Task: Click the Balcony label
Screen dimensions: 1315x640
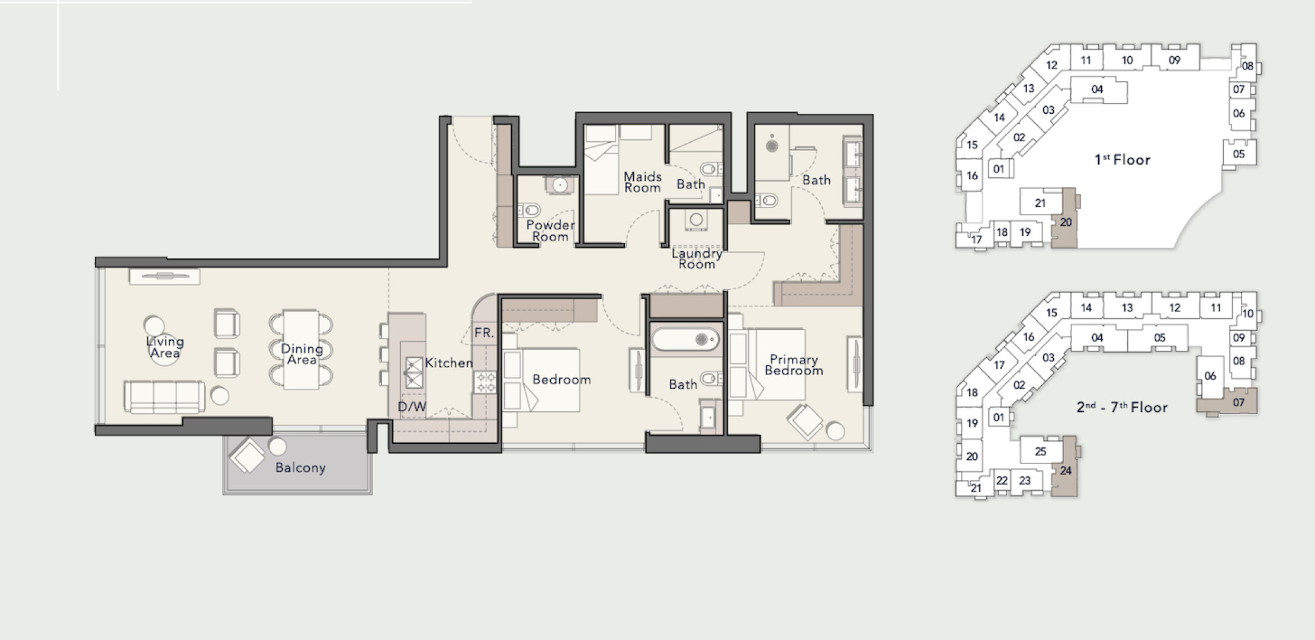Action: [300, 468]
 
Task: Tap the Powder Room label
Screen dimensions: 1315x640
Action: [550, 231]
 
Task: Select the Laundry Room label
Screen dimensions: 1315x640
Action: [697, 258]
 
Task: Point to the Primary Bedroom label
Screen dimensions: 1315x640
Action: [794, 365]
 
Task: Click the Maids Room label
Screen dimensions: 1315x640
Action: [643, 182]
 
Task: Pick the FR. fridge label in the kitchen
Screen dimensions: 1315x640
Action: [484, 333]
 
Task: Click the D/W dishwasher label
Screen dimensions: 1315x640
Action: [412, 407]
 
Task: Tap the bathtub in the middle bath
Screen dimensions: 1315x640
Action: [685, 340]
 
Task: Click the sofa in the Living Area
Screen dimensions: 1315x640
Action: [165, 396]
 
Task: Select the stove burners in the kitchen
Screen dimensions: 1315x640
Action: [486, 382]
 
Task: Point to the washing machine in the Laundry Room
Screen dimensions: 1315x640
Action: [696, 220]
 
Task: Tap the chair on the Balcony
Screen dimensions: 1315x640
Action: [247, 455]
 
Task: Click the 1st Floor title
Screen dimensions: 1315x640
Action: [1122, 159]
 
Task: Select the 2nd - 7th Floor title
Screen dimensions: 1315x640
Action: [1122, 407]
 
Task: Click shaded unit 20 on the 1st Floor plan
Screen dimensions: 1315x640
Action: [1065, 219]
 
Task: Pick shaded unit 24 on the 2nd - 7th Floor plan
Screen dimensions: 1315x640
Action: [1065, 468]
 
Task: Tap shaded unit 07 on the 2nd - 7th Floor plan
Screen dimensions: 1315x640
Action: [1227, 402]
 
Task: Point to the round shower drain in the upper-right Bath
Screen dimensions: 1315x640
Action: [771, 145]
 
